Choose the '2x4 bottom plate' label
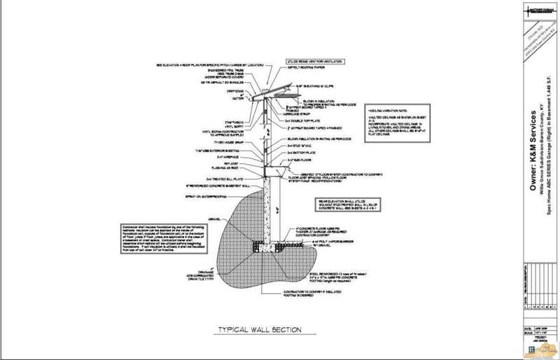(300, 153)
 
